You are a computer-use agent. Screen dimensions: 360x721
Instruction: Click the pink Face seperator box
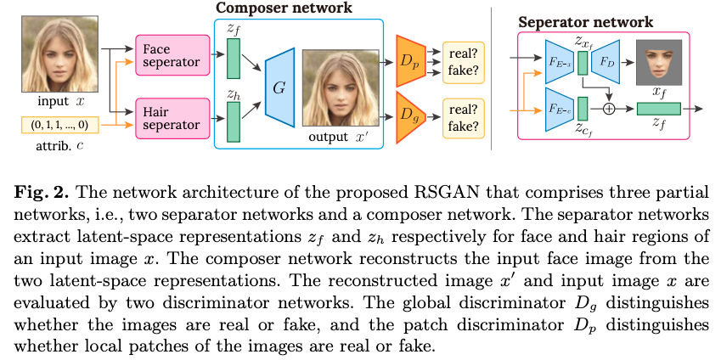168,56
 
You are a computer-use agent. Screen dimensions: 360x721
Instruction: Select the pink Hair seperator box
168,117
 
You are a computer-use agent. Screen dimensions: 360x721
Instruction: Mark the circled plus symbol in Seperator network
608,108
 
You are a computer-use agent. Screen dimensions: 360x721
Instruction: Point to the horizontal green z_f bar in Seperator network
658,108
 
